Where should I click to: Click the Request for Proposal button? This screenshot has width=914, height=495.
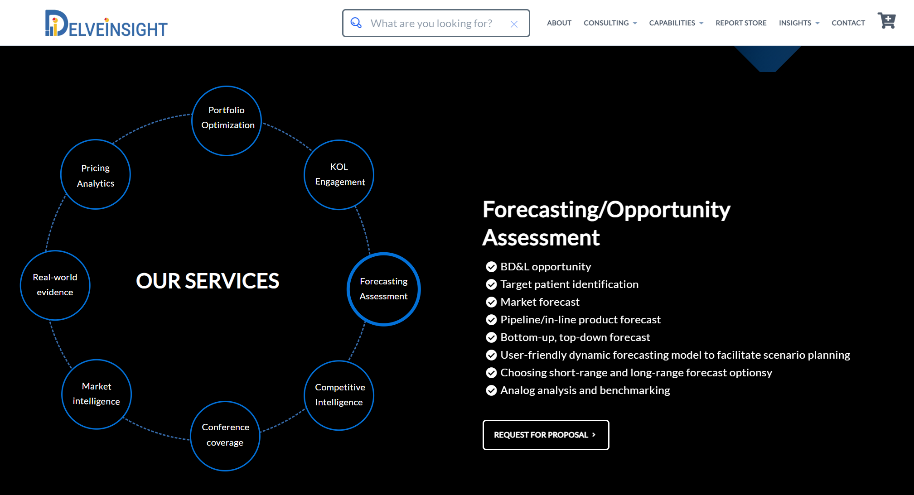click(546, 435)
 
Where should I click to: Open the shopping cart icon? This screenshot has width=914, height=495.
click(887, 21)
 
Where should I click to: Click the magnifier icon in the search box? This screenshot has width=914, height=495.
click(356, 23)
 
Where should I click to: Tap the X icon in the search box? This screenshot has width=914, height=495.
click(514, 24)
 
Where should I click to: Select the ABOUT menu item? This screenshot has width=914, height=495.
click(559, 23)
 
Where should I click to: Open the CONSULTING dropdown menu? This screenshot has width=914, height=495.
click(610, 23)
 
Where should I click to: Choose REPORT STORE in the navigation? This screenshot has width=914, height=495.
click(741, 23)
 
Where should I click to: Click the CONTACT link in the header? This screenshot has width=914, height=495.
click(848, 23)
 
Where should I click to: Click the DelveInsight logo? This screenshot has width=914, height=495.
click(106, 23)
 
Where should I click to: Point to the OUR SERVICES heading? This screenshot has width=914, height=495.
click(208, 281)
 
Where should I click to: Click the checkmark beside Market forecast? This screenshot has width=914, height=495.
click(491, 302)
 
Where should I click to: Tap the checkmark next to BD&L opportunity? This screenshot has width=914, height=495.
click(491, 267)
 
